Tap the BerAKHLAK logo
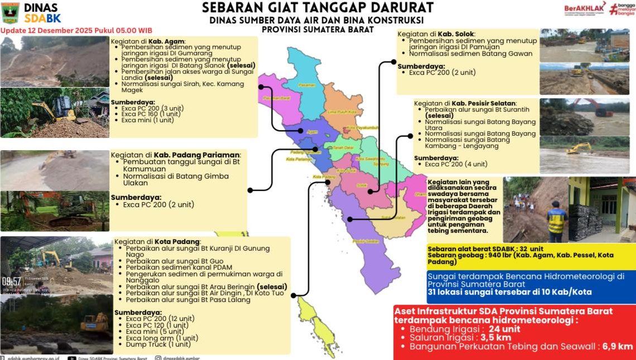coord(584,9)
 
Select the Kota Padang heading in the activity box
coord(166,242)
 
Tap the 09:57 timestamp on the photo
coord(11,281)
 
